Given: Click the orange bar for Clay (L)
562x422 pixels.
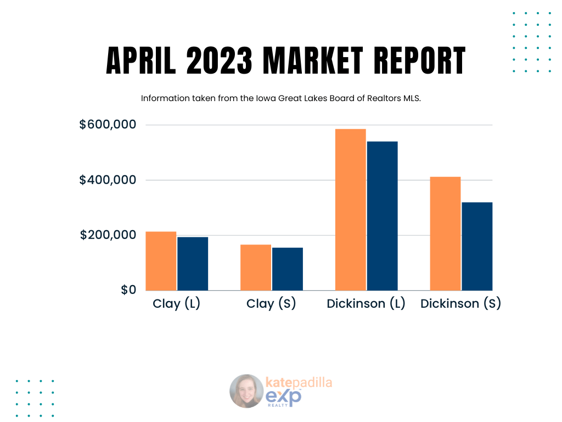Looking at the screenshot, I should pos(161,261).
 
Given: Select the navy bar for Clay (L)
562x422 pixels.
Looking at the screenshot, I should pos(193,264).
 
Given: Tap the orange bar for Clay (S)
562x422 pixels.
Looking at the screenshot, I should pos(256,268).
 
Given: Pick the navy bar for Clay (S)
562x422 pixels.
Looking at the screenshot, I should pos(288,269).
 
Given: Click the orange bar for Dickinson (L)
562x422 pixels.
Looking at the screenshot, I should pos(350,209).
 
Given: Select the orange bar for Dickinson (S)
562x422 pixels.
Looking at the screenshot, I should pos(445,234).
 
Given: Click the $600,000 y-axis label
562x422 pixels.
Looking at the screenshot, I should pos(108,125).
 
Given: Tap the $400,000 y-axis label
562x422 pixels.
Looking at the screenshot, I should pos(108,180).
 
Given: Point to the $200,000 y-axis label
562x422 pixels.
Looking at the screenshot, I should pos(108,235).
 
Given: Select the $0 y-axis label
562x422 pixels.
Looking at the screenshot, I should pos(128,290).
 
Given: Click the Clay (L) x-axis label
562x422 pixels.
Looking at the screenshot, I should pos(176,304).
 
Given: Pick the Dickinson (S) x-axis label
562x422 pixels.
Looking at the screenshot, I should pos(460,304).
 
